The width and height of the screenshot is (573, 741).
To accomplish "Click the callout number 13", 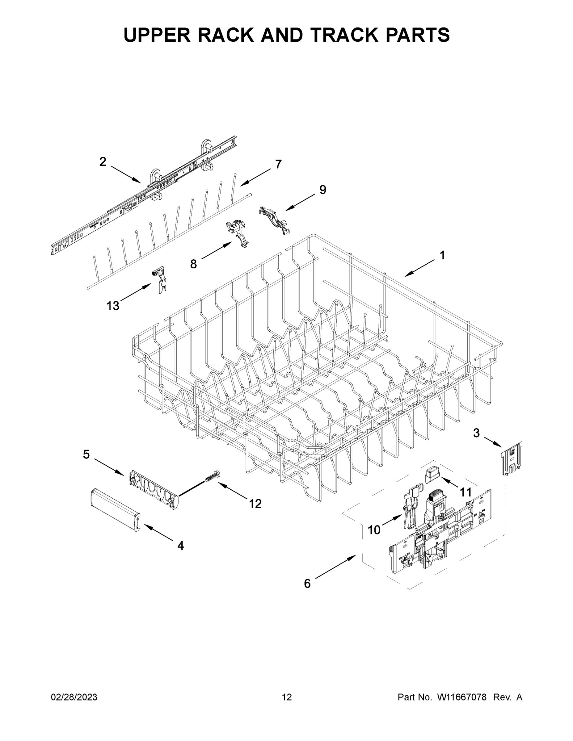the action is click(113, 306).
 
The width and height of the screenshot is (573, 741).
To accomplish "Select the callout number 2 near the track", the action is click(103, 162).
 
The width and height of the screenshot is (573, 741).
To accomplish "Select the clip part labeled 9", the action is click(274, 220).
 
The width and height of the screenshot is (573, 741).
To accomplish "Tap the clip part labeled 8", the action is click(239, 233).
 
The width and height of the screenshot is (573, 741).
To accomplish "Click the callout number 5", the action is click(86, 454).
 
